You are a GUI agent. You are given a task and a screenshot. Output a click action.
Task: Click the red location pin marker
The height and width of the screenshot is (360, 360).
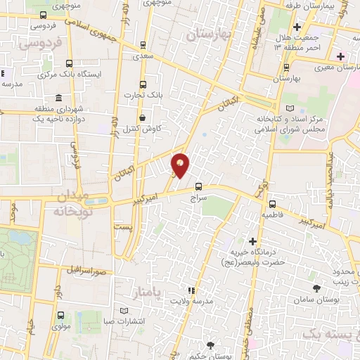(x=181, y=165)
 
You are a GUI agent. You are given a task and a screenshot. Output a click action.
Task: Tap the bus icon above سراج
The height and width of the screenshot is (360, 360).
(x=198, y=187)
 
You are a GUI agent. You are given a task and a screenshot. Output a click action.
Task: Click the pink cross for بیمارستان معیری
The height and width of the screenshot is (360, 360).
(x=341, y=56)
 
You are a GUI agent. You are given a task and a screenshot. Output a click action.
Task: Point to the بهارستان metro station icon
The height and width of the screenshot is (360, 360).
(x=286, y=67)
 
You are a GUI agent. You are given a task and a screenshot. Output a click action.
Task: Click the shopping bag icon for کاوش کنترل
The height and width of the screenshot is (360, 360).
(x=143, y=117)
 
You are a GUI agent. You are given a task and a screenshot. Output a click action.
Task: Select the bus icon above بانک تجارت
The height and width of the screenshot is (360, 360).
(x=143, y=84)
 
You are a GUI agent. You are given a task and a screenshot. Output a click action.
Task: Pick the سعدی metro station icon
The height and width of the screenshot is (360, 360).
(x=143, y=44)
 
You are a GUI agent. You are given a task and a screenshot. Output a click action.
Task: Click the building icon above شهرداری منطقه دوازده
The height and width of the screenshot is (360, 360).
(x=58, y=98)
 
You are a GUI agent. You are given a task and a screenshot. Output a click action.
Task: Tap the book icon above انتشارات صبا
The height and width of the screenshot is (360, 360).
(x=124, y=310)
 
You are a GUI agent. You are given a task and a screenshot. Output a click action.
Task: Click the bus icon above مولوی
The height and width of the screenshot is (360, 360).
(x=61, y=316)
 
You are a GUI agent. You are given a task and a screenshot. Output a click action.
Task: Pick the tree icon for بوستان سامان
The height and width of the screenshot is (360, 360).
(x=316, y=288)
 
